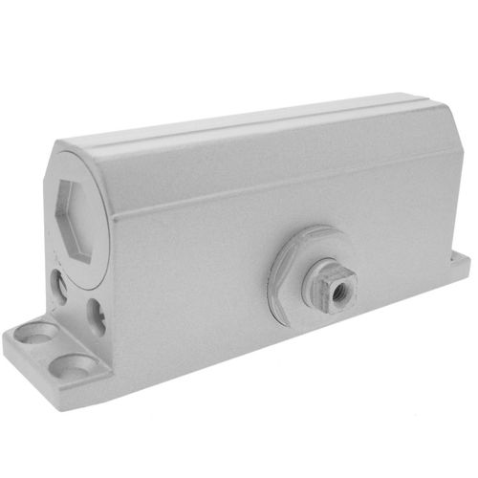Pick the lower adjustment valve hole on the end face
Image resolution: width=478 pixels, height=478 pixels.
pos(98,312)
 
